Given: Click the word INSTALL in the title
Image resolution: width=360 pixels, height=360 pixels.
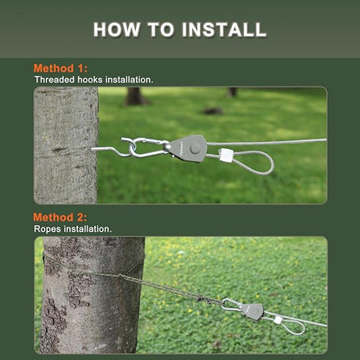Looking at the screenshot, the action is [224, 29].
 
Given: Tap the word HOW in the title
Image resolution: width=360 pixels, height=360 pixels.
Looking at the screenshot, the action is [117, 29].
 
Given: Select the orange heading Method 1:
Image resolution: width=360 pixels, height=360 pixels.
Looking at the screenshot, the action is [61, 68].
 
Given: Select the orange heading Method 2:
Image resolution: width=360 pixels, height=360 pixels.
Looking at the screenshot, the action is [60, 217].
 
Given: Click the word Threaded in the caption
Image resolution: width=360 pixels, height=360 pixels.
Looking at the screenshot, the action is [55, 80].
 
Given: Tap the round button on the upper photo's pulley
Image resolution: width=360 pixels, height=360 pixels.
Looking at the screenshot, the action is [196, 148].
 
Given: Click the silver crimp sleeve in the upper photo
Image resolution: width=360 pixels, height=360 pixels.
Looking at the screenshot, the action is [225, 155].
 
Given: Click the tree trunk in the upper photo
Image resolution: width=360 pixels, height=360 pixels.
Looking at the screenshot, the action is [66, 145].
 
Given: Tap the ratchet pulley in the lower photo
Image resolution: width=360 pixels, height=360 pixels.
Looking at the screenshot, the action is [252, 312].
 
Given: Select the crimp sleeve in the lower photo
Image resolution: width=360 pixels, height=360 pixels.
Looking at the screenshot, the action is [278, 319].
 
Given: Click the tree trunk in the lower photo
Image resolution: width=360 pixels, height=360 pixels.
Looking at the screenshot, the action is [93, 295].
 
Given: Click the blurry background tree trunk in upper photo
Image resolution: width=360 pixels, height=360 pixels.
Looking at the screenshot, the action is [135, 96].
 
